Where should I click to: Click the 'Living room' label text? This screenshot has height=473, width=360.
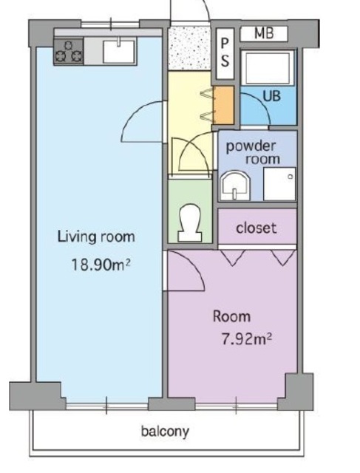[96, 236]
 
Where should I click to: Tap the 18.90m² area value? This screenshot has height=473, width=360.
[101, 265]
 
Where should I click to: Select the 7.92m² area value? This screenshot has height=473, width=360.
[247, 338]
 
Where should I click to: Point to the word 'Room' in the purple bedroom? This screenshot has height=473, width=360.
[231, 316]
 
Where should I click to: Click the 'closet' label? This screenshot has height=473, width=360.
[257, 228]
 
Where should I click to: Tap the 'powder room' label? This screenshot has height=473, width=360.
[254, 153]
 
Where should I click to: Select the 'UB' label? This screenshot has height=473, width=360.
[271, 96]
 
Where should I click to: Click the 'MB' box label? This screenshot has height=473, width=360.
[264, 33]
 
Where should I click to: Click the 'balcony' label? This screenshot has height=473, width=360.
[165, 432]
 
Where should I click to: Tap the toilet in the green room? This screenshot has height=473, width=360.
[190, 223]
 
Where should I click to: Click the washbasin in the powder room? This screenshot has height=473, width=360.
[235, 186]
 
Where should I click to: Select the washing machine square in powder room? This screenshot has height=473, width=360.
[279, 184]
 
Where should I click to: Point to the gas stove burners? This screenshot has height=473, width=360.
[69, 51]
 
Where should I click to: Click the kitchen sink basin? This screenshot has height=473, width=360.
[118, 52]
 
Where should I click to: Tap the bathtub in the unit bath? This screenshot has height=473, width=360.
[269, 68]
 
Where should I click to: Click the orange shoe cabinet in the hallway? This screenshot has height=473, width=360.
[223, 105]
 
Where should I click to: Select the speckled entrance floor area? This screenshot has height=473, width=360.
[189, 48]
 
